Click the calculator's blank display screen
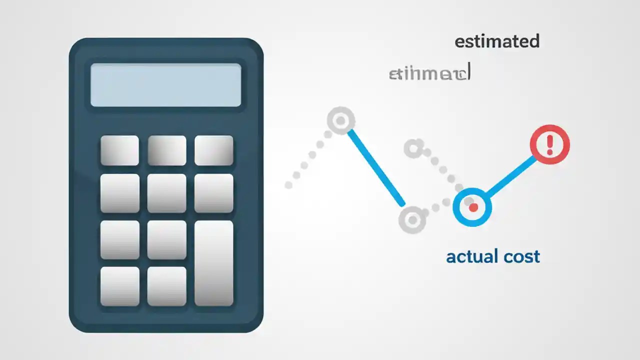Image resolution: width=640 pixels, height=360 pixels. pyautogui.click(x=165, y=85)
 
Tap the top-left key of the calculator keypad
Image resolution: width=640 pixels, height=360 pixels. pyautogui.click(x=119, y=150)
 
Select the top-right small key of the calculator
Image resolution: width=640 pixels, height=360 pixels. pyautogui.click(x=213, y=150)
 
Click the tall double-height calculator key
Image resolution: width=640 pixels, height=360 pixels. pyautogui.click(x=213, y=263)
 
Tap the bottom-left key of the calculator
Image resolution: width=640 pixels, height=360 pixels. pyautogui.click(x=119, y=286)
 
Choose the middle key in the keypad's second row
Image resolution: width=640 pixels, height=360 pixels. pyautogui.click(x=166, y=193)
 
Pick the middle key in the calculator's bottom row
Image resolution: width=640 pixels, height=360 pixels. pyautogui.click(x=166, y=286)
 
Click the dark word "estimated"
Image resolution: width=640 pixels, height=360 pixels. pyautogui.click(x=497, y=41)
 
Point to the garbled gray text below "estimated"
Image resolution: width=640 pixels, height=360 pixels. pyautogui.click(x=429, y=74)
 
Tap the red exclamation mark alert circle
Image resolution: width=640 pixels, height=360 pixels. pyautogui.click(x=549, y=144)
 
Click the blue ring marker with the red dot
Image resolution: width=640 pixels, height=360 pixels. pyautogui.click(x=472, y=207)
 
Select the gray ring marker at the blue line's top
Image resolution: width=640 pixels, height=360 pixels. pyautogui.click(x=341, y=121)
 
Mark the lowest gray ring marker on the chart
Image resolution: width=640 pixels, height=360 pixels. pyautogui.click(x=412, y=219)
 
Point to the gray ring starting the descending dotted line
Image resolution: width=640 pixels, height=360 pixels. pyautogui.click(x=413, y=148)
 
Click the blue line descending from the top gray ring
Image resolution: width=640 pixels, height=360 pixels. pyautogui.click(x=376, y=167)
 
